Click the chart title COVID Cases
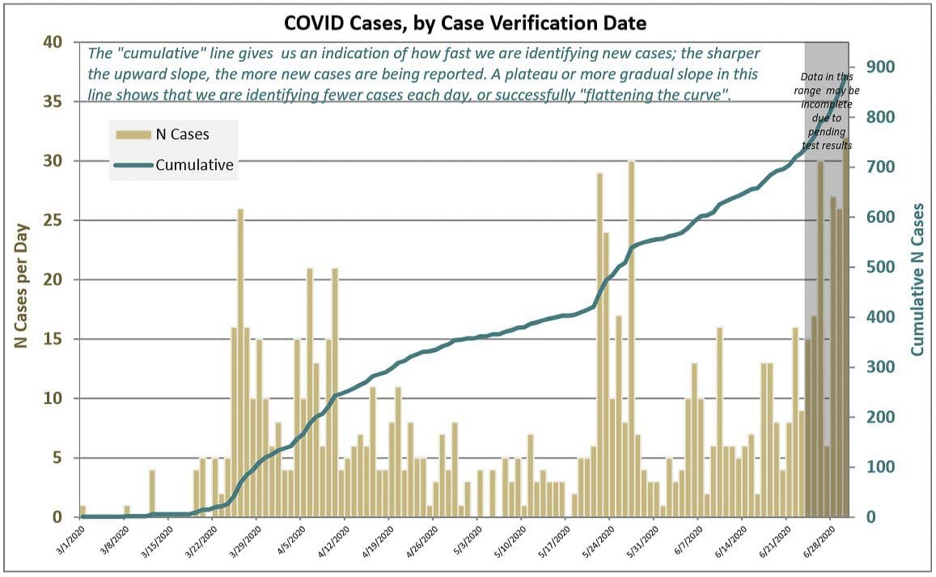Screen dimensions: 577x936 (x=464, y=23)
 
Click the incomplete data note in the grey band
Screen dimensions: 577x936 (x=827, y=110)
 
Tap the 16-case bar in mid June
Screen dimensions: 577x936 (x=720, y=421)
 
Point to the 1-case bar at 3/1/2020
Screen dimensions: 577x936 (x=83, y=511)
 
